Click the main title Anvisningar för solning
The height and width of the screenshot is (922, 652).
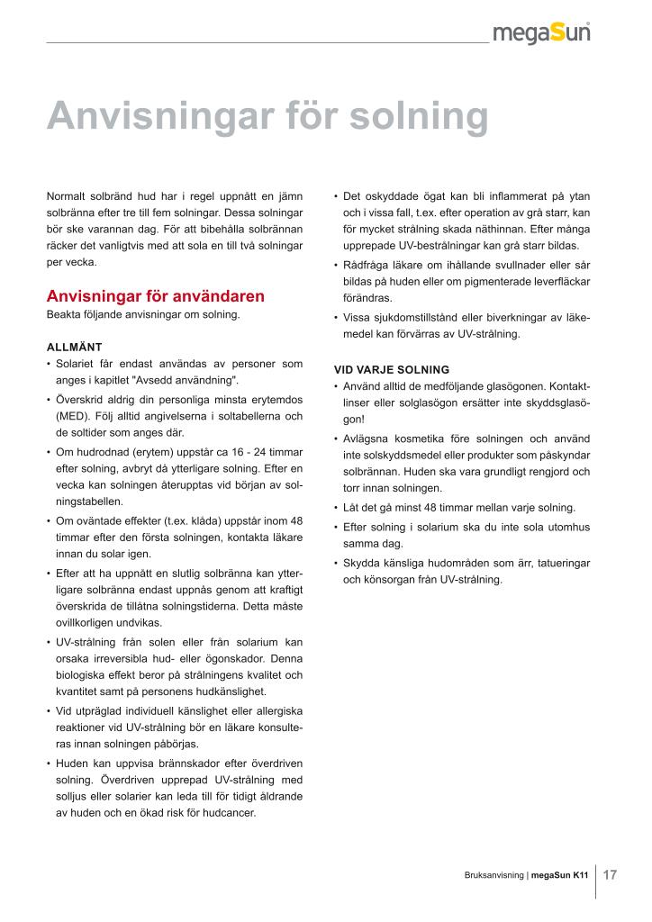[x=267, y=116]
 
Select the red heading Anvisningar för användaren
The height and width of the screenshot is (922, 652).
[x=155, y=296]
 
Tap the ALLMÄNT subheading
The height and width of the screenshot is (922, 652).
[x=75, y=347]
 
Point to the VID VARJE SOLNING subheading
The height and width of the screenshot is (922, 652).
[x=392, y=369]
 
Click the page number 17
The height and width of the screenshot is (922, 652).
[x=610, y=874]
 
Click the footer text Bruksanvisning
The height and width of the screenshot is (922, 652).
[x=494, y=875]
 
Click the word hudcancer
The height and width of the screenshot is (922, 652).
[x=231, y=812]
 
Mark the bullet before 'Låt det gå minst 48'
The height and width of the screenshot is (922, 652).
[x=336, y=508]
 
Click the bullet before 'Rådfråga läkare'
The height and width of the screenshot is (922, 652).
[x=336, y=266]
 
